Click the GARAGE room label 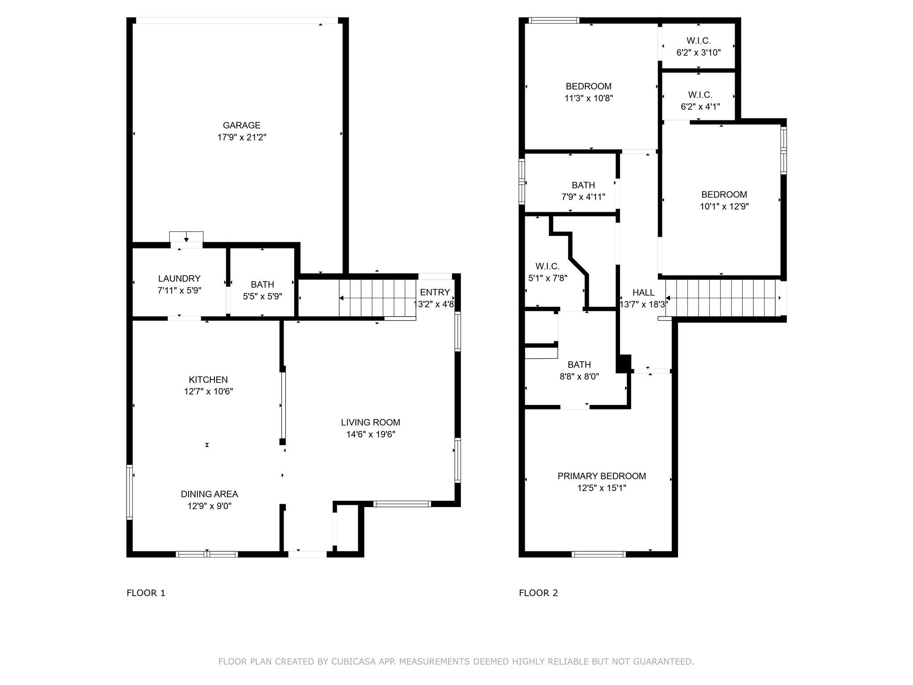click(241, 125)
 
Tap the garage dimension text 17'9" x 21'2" click(241, 137)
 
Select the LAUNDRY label click(179, 278)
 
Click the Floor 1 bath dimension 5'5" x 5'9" click(262, 296)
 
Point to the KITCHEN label click(208, 380)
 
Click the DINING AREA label click(209, 494)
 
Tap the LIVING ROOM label click(370, 422)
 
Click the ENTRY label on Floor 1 click(435, 292)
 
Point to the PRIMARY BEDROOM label click(601, 476)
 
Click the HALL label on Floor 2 click(643, 293)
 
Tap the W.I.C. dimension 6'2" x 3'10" click(698, 53)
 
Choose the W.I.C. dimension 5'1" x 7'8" click(547, 278)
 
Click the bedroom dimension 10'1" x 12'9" click(724, 206)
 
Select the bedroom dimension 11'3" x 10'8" click(588, 98)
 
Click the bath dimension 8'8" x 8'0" click(579, 376)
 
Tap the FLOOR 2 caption click(538, 593)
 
